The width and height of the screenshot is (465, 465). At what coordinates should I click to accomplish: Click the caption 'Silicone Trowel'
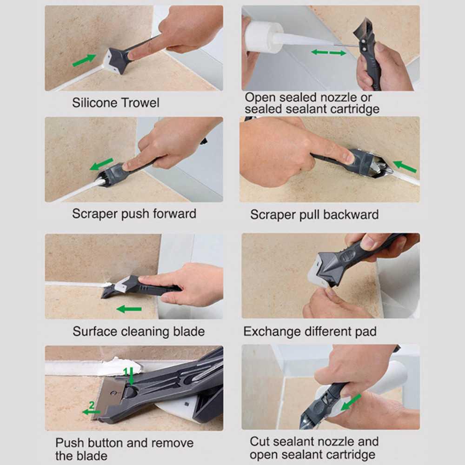(x=115, y=102)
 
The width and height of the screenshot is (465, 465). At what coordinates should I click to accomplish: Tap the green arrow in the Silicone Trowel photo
(x=84, y=60)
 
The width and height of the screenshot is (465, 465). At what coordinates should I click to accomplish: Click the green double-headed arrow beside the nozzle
(x=328, y=52)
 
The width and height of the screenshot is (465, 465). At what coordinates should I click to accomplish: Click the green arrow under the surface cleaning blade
(x=129, y=309)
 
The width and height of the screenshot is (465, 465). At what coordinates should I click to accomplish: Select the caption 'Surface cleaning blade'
(x=138, y=332)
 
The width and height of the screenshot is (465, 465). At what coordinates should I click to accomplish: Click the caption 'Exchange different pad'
(x=310, y=332)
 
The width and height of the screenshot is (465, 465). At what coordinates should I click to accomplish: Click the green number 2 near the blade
(x=92, y=405)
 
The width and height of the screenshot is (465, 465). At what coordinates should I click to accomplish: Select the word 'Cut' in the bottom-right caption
(x=260, y=441)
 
